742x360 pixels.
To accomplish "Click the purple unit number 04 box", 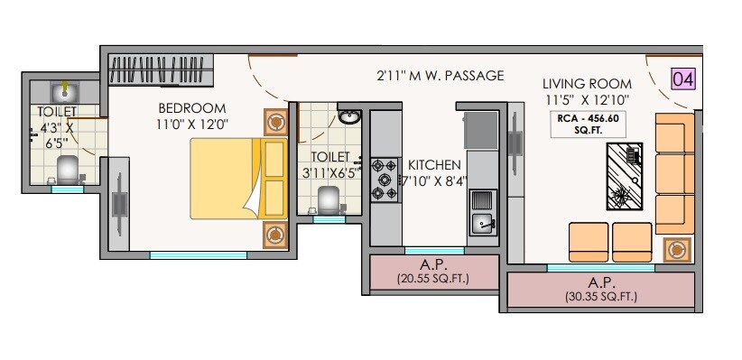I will [x=683, y=78].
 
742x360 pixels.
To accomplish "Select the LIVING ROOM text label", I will [x=588, y=84].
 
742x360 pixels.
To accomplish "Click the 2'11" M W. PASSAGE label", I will [x=440, y=76].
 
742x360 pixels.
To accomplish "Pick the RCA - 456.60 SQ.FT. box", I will [x=588, y=123].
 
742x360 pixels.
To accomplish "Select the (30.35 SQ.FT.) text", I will [x=600, y=296].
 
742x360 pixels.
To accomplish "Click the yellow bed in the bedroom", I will [x=237, y=177].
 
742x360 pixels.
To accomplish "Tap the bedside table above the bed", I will [x=275, y=122].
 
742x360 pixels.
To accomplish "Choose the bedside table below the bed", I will [x=275, y=233].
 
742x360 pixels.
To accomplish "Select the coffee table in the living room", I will [x=623, y=176].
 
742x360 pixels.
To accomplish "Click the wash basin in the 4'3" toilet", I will [x=64, y=91].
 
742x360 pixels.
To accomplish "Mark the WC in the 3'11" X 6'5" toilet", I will [x=330, y=198].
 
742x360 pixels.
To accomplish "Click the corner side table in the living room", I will [x=676, y=249].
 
